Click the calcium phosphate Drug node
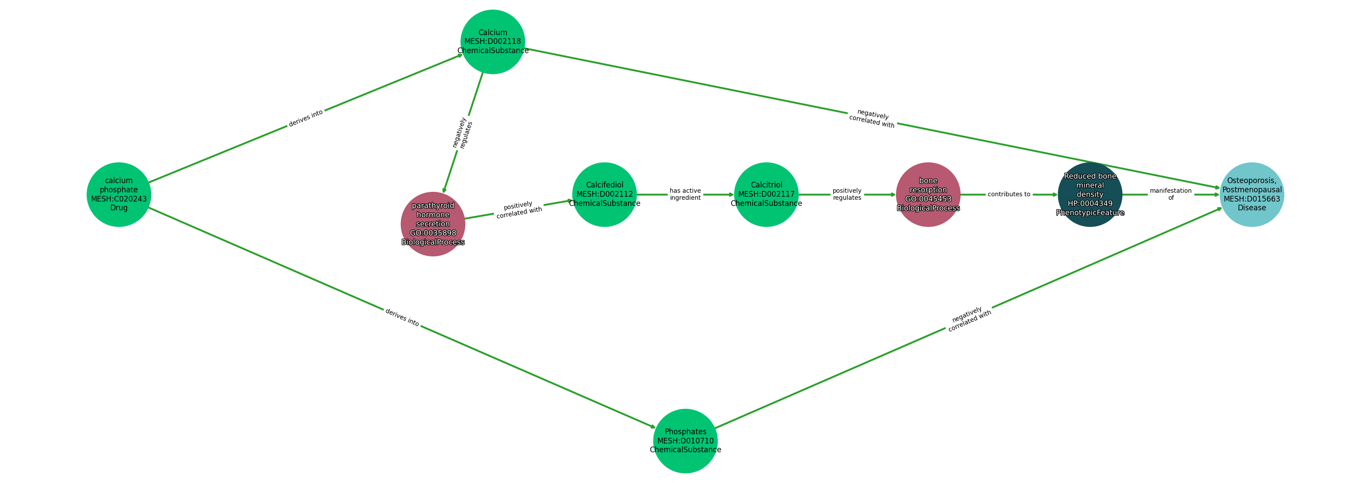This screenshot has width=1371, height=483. [119, 195]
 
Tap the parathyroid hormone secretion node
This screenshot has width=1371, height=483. [433, 224]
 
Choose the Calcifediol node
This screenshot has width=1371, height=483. [604, 195]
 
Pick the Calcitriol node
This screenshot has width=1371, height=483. [766, 195]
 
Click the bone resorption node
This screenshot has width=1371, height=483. [928, 195]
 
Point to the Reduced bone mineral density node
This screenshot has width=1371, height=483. [1089, 195]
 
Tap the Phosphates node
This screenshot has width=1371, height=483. [685, 441]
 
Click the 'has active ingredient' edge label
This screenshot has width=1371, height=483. [685, 194]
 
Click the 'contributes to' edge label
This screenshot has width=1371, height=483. [1008, 194]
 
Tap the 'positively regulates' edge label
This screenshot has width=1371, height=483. [847, 194]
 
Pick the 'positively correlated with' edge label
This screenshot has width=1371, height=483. [519, 209]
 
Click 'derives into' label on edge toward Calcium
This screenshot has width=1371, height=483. [305, 118]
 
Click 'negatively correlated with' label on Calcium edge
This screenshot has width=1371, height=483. [872, 118]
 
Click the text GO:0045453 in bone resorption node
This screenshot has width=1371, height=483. [928, 199]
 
